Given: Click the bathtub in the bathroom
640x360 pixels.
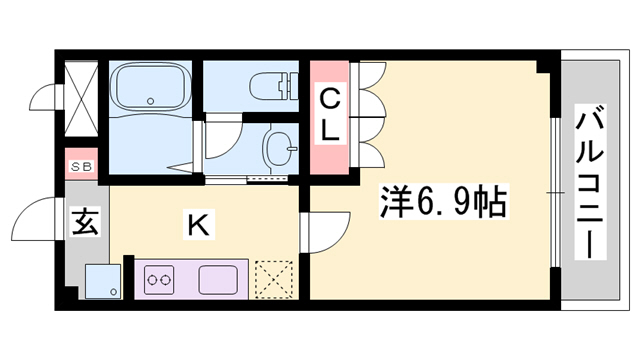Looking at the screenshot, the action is [152, 87].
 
